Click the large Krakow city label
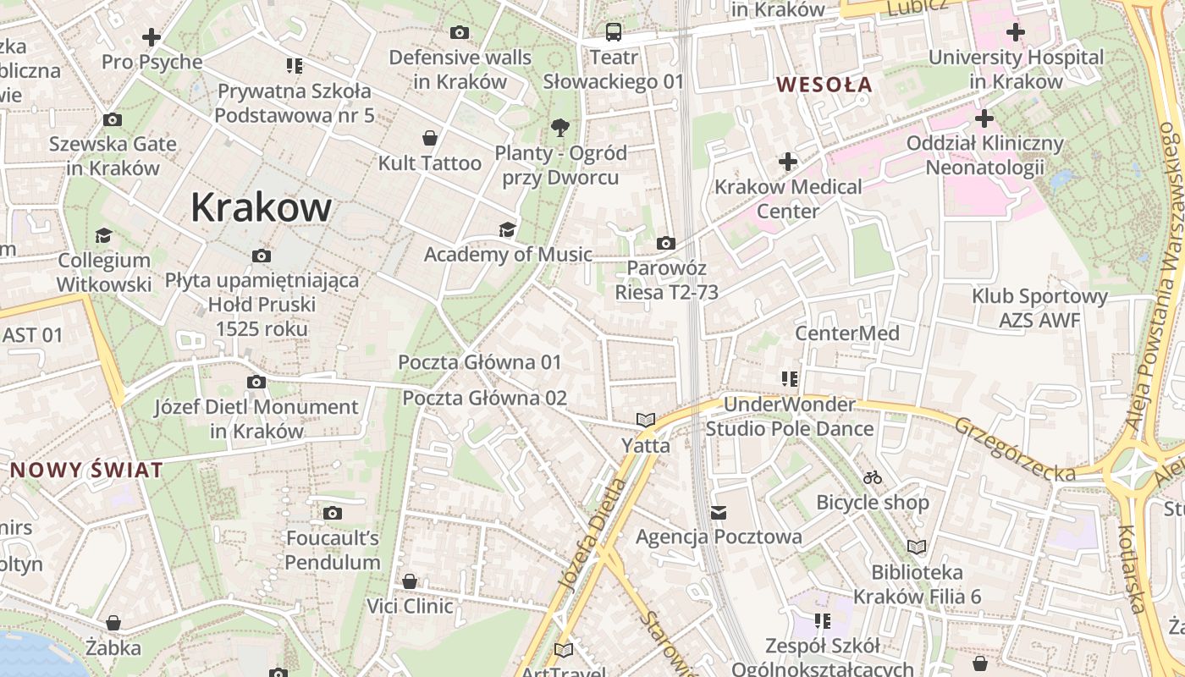[x=261, y=207]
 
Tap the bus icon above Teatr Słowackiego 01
[x=614, y=32]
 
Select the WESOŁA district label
[x=824, y=85]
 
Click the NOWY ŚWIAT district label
[x=86, y=471]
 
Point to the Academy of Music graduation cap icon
[x=507, y=230]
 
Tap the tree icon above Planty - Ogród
[x=559, y=129]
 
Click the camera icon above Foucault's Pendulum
[x=333, y=513]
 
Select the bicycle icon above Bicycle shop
[x=873, y=478]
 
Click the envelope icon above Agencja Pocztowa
[x=719, y=512]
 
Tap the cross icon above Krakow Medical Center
[x=788, y=161]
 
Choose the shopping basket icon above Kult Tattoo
[x=430, y=138]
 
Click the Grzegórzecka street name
[x=1015, y=449]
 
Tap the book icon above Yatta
[x=646, y=420]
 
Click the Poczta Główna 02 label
[x=484, y=398]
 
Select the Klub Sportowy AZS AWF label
[x=1039, y=308]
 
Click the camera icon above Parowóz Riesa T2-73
[x=666, y=244]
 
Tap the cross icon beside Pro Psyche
[x=152, y=37]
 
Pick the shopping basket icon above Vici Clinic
[x=410, y=581]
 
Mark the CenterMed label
[x=846, y=333]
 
